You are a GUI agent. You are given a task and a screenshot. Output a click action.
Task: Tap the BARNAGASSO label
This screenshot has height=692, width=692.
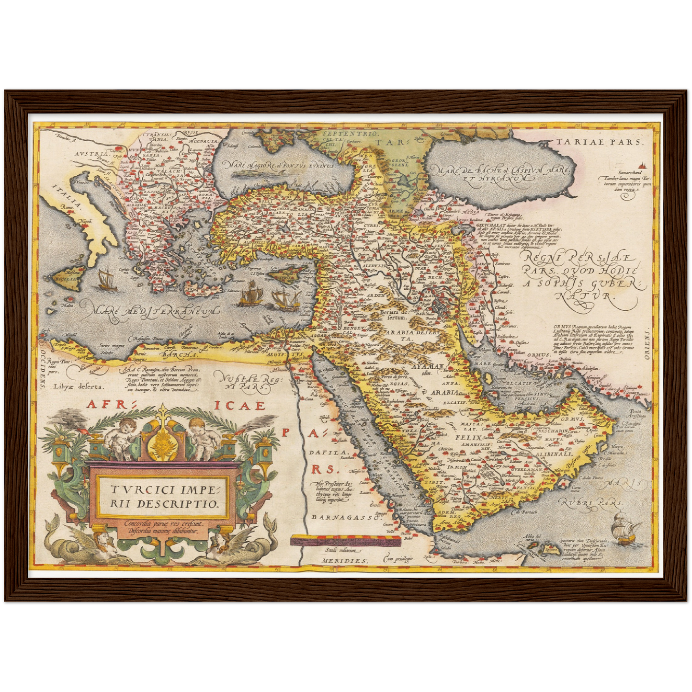click(x=340, y=517)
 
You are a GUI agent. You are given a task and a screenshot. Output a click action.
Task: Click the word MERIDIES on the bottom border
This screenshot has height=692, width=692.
click(x=339, y=560)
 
